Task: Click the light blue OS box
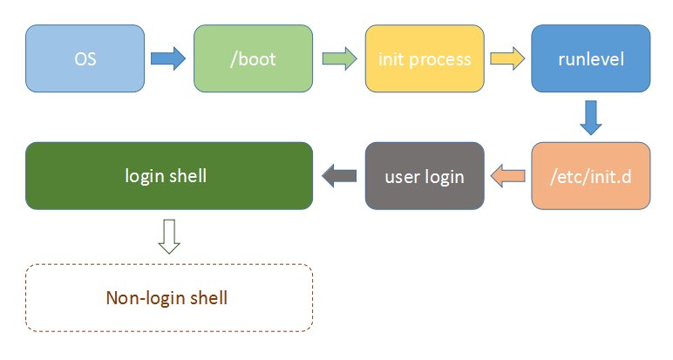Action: pos(85,59)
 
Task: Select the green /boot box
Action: pos(253,59)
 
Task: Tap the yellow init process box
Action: pos(424,59)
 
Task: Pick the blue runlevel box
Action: pos(590,59)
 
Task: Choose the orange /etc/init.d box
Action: pos(590,176)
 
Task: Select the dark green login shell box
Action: pos(169,176)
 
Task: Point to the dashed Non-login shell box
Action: pos(169,297)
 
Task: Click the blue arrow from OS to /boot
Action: pos(167,59)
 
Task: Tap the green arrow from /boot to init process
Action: pos(338,59)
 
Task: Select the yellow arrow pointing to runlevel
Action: pos(506,59)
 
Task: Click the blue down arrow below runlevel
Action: pos(590,117)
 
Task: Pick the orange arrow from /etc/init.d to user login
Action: pos(508,176)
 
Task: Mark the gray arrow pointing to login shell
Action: pos(339,176)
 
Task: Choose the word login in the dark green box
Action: pos(146,176)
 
